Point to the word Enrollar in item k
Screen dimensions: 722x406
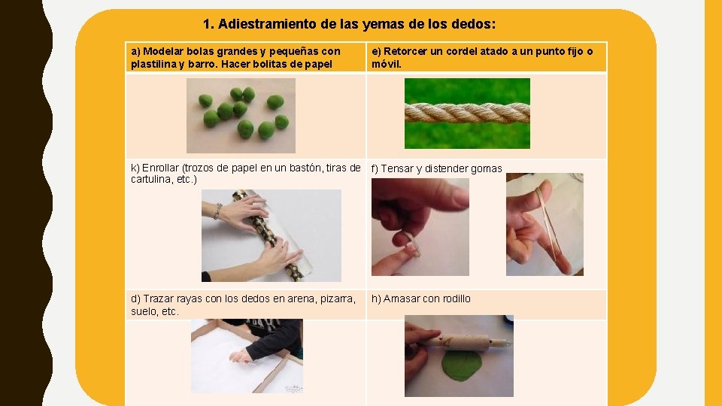161,168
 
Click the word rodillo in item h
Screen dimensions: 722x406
456,298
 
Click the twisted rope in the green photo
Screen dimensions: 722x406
467,113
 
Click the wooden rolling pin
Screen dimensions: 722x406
465,342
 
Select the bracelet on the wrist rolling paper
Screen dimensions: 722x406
217,211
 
